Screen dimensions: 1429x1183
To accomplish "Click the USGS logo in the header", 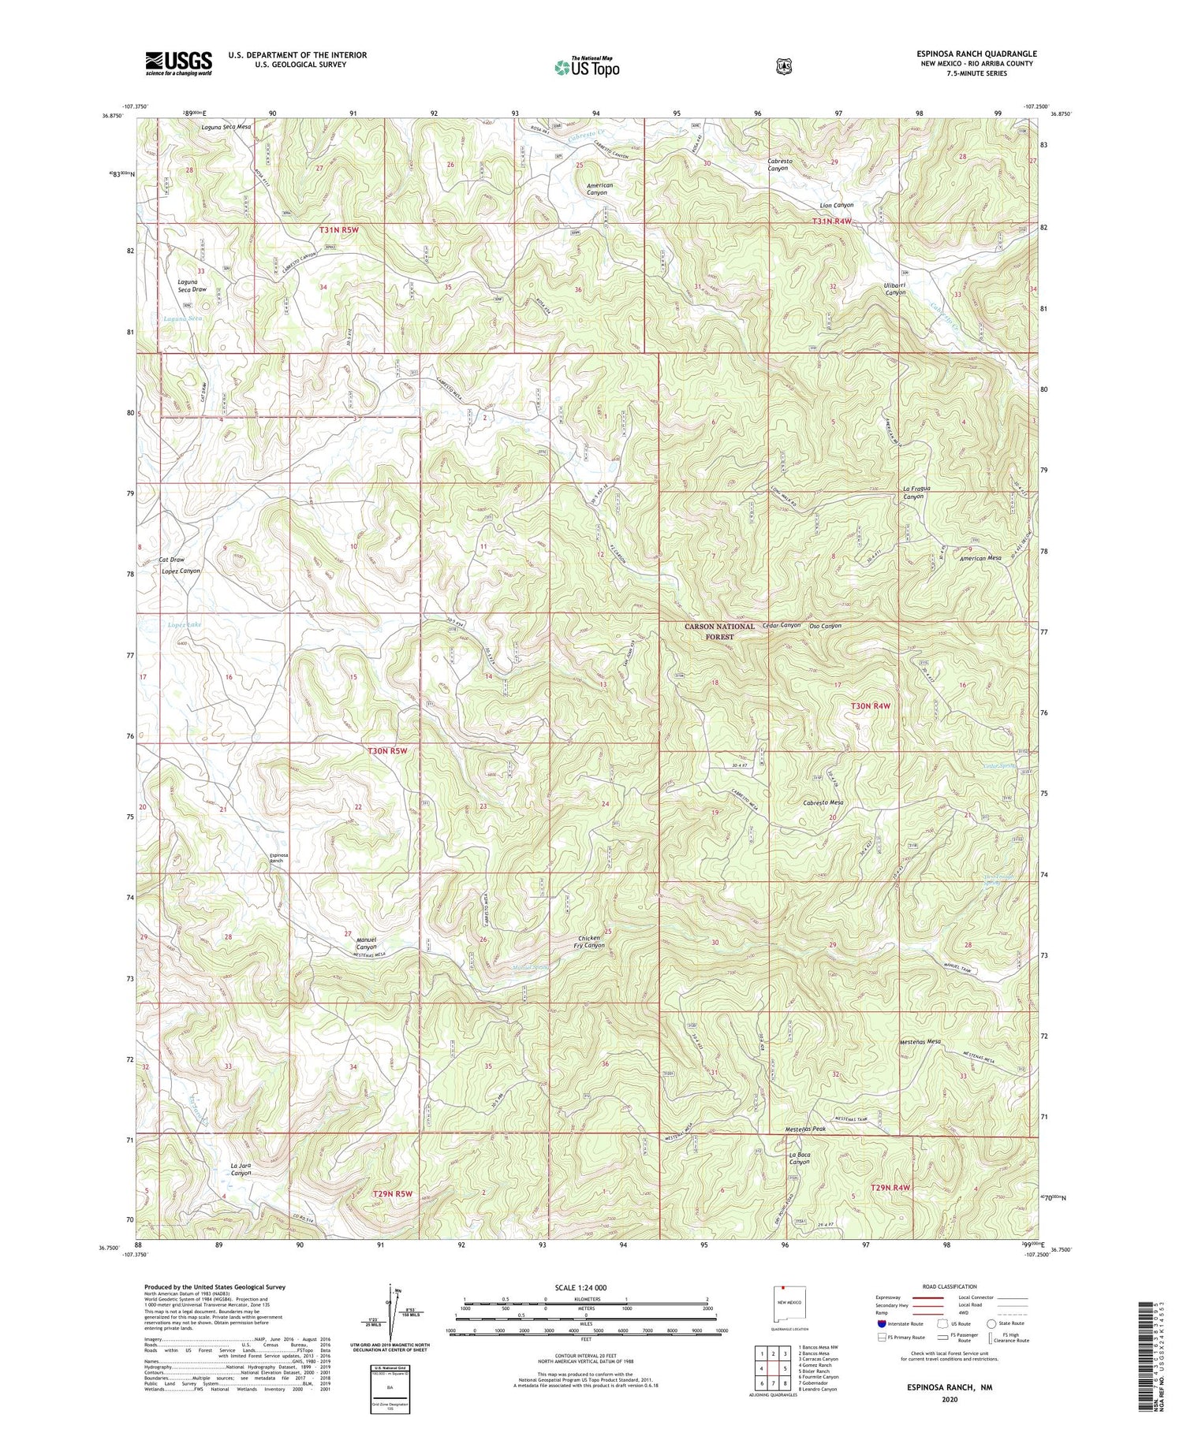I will [x=178, y=63].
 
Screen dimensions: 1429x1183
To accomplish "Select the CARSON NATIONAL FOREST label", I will [x=719, y=631].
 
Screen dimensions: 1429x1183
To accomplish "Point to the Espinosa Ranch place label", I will [x=277, y=858].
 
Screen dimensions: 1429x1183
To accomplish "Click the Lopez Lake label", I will [x=184, y=624].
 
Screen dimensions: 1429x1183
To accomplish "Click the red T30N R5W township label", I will [x=388, y=751].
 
